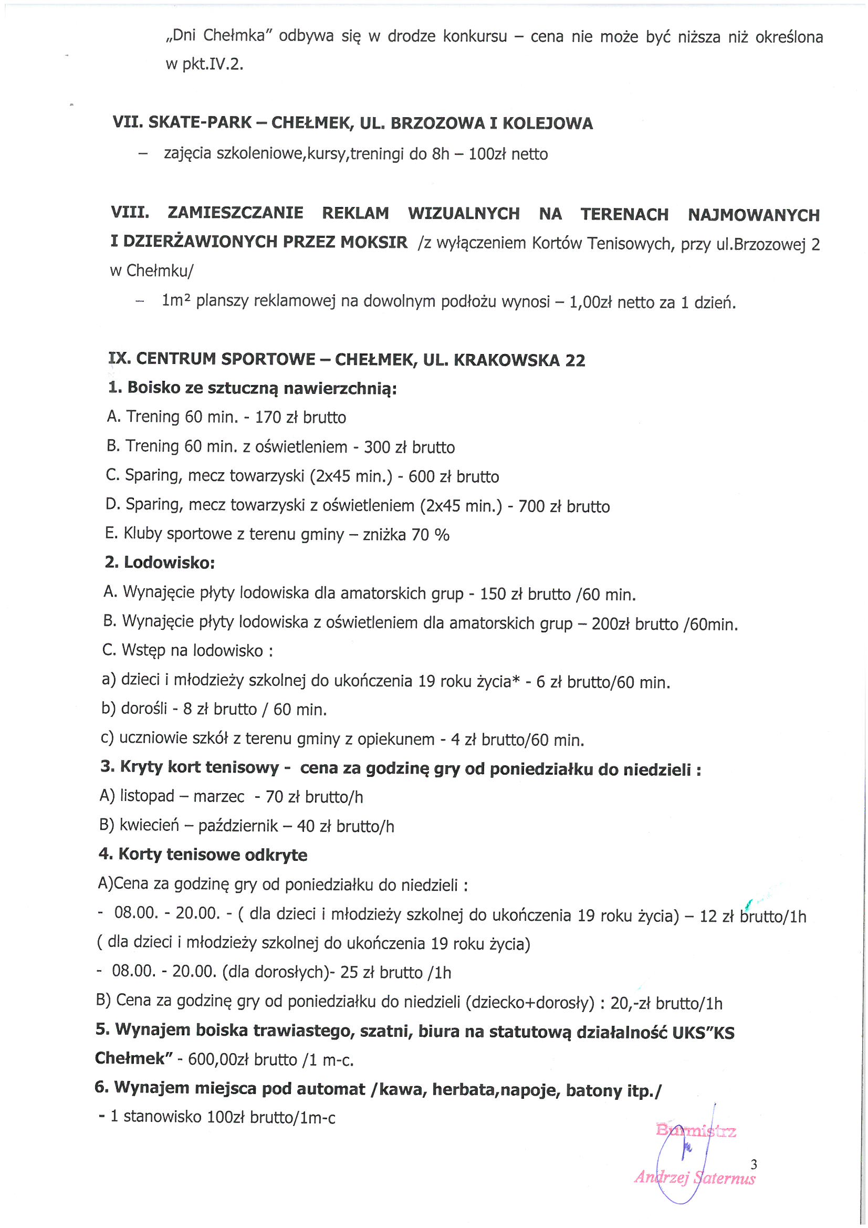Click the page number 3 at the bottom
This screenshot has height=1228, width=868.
754,1164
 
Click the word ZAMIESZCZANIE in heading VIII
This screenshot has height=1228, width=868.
235,213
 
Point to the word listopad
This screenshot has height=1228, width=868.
147,796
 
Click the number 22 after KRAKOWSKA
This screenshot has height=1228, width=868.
575,360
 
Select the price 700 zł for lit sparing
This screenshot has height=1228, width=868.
539,506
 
